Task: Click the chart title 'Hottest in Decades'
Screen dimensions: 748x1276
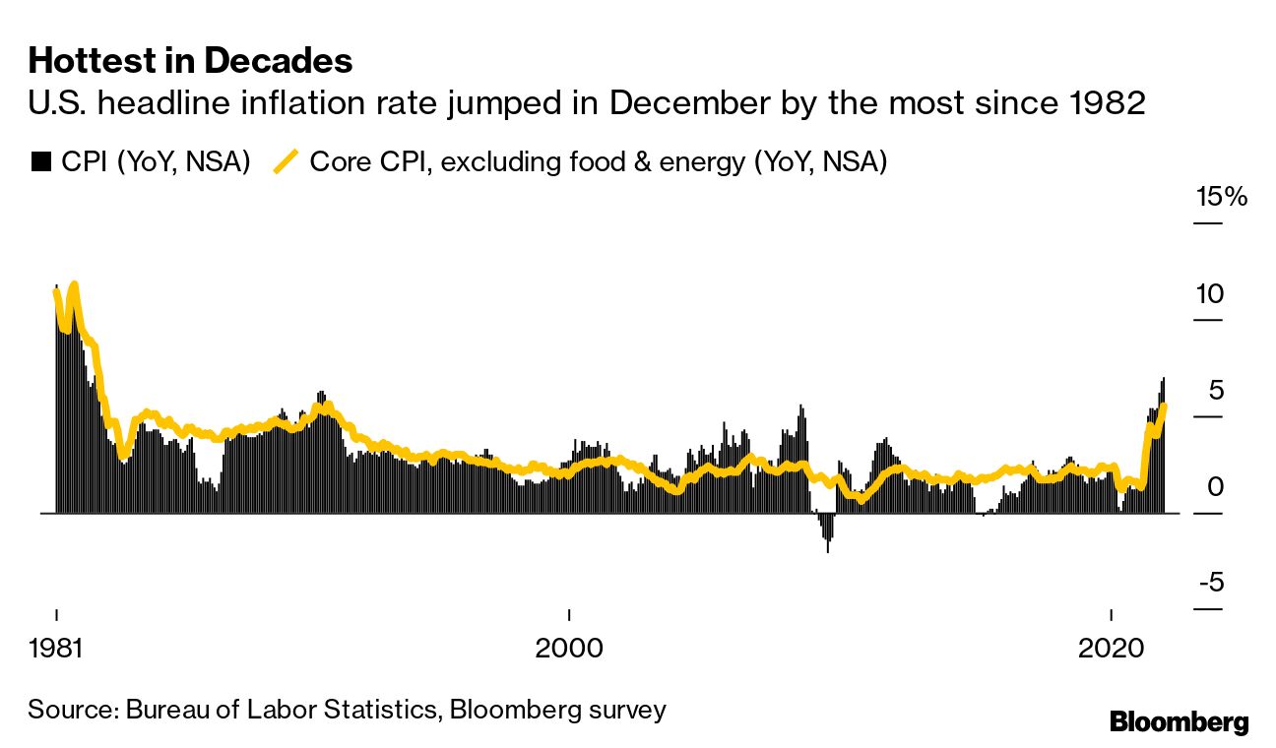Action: [190, 61]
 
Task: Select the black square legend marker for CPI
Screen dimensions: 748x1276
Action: [40, 162]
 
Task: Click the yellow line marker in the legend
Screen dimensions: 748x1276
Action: [287, 161]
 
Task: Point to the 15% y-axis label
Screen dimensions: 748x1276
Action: [1220, 197]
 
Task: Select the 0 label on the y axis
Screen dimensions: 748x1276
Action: [1214, 486]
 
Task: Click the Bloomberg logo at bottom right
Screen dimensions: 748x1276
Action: [1179, 721]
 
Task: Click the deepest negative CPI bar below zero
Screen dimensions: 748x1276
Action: [828, 548]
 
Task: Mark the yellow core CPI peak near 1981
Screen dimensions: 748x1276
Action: [74, 285]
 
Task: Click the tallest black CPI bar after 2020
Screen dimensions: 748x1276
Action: [1164, 379]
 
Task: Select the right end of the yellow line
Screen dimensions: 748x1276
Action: [1165, 405]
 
